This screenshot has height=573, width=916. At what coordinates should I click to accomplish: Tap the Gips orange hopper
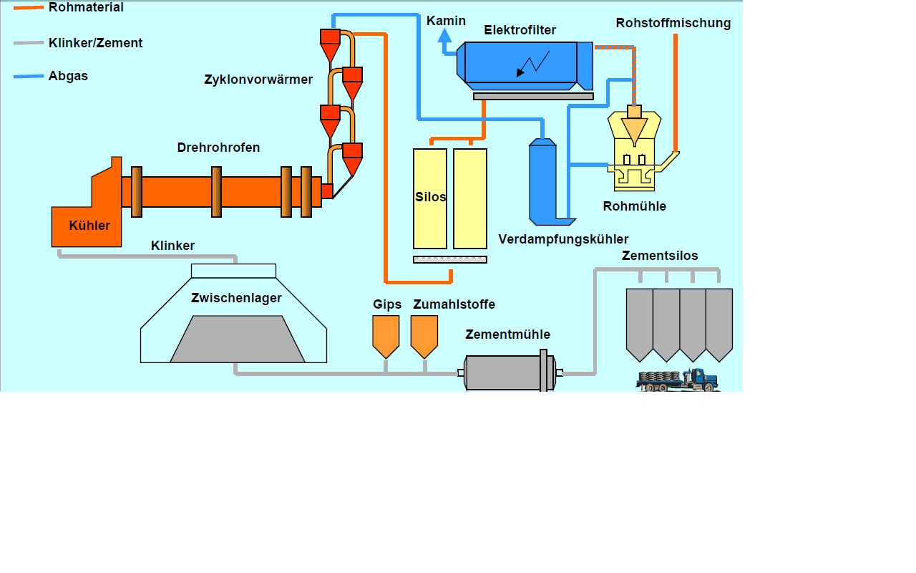386,335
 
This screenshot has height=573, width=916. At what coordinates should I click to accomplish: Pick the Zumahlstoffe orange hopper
424,335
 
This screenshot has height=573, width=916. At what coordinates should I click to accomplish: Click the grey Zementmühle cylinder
508,372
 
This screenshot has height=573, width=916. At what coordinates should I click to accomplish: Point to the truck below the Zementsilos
678,380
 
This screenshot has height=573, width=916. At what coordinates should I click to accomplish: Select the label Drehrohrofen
218,148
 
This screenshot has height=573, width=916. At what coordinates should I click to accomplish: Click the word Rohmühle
634,206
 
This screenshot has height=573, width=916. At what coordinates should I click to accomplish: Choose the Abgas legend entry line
29,76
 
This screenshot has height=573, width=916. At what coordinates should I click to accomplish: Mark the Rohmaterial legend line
29,7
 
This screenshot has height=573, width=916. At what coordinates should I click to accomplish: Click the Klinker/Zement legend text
95,43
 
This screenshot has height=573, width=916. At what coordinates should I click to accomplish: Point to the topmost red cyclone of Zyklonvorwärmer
329,37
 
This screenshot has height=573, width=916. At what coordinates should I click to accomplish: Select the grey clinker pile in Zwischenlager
237,340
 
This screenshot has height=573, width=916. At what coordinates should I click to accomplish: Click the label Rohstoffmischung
673,23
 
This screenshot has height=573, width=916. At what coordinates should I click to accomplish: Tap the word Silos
430,197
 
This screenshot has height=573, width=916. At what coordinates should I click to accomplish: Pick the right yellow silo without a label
470,198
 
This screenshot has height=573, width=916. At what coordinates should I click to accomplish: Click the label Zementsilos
659,256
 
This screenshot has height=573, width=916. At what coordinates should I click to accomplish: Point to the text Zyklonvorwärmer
258,80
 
